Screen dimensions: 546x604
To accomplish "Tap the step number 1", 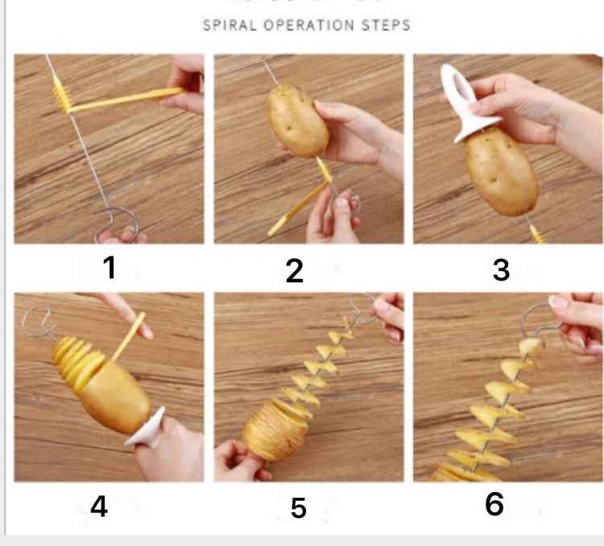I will tap(109, 268).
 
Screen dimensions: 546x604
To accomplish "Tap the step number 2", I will tap(295, 272).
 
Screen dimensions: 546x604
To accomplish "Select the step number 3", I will tap(501, 270).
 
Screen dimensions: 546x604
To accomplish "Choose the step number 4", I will tap(99, 507).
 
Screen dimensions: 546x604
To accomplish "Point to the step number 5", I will tap(299, 508).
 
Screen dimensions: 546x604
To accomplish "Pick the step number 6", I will tap(494, 504).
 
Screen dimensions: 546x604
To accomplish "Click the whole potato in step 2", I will tap(297, 121).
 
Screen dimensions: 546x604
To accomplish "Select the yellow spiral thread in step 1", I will tap(61, 97).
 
